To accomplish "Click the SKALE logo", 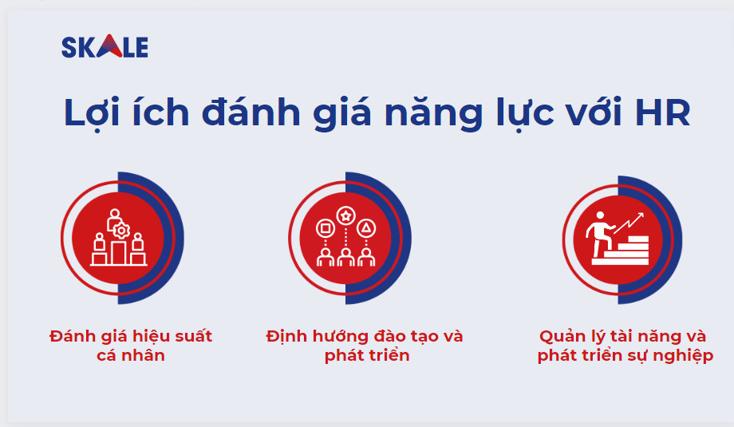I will tap(105, 47).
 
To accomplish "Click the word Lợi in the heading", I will tap(87, 113).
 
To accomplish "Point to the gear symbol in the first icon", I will tap(121, 231).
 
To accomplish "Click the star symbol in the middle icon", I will tap(345, 215).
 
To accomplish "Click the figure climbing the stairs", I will tap(599, 233).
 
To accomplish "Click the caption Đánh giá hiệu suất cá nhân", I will tap(131, 345).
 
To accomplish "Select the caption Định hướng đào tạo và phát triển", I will tap(365, 345).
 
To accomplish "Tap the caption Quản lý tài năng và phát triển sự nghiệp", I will tap(622, 345).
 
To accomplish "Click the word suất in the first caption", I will tap(191, 335).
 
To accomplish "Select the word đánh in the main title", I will tap(243, 113).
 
